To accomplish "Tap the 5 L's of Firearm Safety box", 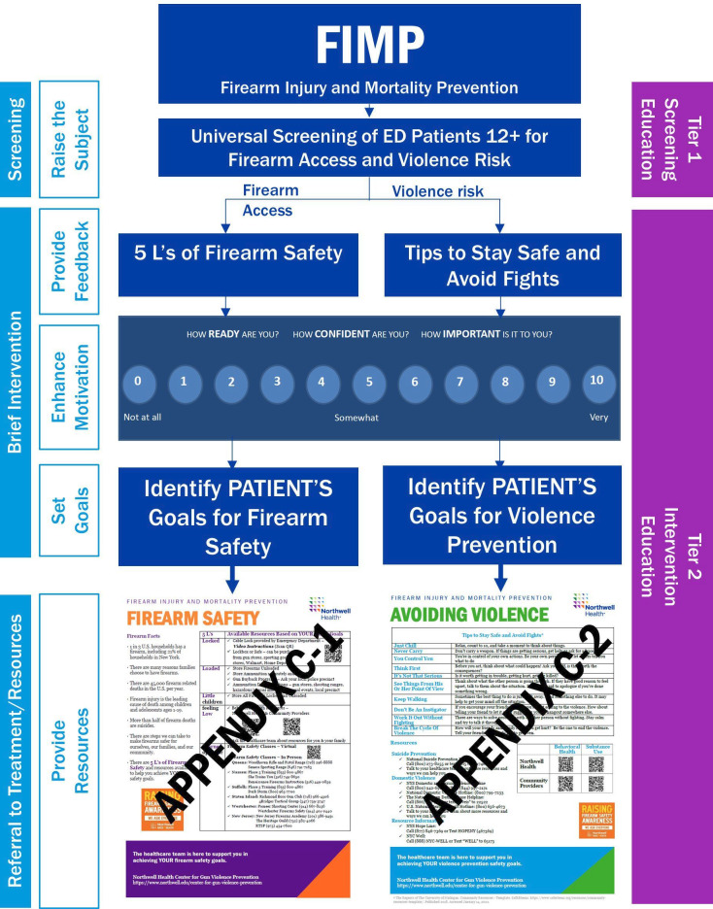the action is [x=237, y=254].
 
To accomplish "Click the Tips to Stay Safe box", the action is [x=500, y=266].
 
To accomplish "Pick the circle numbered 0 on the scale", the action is [x=138, y=382].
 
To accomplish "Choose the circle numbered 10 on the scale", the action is [x=596, y=381].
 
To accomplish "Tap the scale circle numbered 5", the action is [x=369, y=382].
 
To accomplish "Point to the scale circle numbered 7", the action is [x=461, y=382].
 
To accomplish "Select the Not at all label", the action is [x=143, y=417].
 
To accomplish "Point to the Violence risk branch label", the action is [x=437, y=192].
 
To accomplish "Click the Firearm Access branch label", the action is [x=267, y=200].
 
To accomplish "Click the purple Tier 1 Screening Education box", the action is [x=673, y=139].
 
